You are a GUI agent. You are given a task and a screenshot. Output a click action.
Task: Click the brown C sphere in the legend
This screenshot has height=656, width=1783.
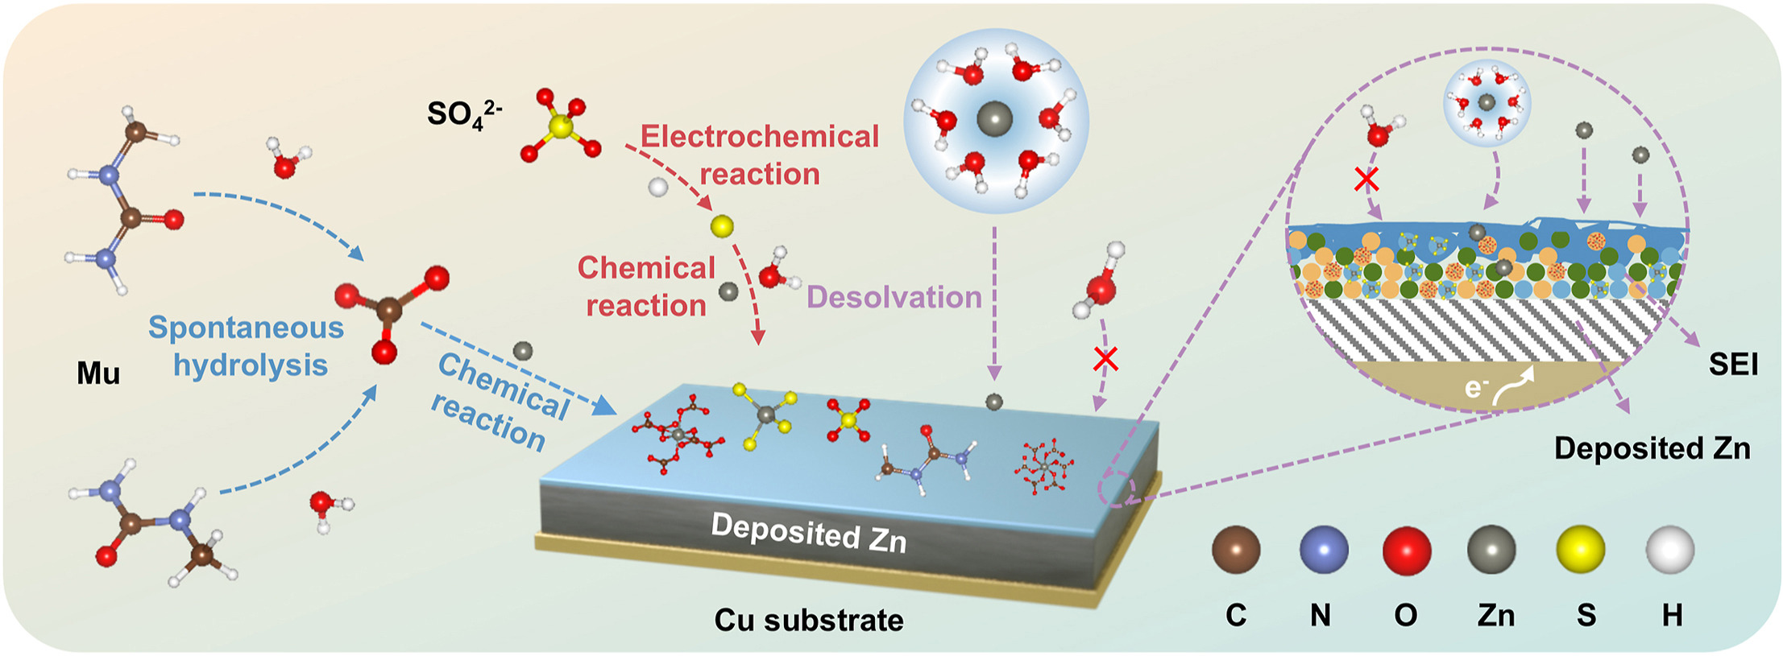point(1236,550)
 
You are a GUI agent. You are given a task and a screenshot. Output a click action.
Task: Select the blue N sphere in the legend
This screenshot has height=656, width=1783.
point(1324,550)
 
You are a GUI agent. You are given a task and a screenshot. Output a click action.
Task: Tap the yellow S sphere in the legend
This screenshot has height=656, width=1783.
point(1580,550)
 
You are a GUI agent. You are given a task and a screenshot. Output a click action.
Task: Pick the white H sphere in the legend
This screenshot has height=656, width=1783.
point(1669,550)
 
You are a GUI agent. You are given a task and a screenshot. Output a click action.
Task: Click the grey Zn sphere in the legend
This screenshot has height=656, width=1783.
point(1491,550)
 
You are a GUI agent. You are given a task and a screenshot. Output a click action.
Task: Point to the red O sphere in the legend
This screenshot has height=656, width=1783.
point(1407,550)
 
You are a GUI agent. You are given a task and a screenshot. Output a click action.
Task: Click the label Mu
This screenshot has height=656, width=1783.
point(98,373)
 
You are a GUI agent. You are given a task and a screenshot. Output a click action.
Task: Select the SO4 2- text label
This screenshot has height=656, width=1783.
point(464,113)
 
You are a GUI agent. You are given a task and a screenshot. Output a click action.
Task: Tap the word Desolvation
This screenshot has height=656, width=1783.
point(894,297)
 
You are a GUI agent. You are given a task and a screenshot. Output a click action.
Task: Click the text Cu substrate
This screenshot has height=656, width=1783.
point(809,620)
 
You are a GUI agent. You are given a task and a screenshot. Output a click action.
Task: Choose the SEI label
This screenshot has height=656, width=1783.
point(1733,365)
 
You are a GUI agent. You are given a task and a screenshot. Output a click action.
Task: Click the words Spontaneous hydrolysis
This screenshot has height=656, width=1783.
point(247,346)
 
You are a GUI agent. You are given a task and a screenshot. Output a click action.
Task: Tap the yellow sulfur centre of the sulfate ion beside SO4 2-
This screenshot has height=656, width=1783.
point(562,126)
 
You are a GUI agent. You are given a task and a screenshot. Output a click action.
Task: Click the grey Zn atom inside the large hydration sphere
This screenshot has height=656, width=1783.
point(994,120)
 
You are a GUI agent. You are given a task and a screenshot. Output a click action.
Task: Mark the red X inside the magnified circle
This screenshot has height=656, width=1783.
point(1366,179)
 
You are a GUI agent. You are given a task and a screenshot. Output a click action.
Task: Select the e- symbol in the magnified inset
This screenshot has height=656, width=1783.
point(1474,389)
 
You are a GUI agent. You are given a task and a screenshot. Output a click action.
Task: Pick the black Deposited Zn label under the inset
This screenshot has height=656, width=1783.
point(1652,448)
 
